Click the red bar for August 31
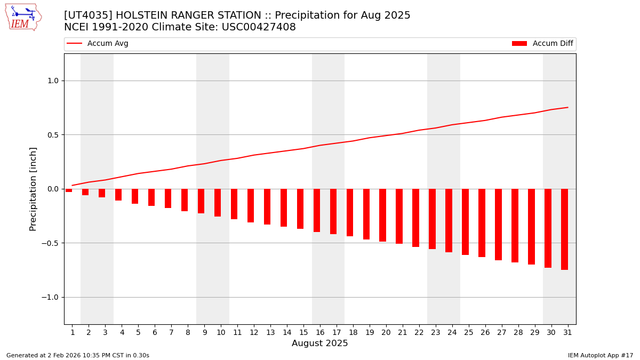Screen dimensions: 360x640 tap(564, 229)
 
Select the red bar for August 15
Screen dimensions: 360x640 tap(300, 209)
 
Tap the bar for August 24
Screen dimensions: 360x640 tap(449, 220)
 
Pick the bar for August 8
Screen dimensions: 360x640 tap(185, 200)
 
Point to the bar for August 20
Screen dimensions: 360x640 tap(382, 215)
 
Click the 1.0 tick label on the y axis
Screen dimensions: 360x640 tap(52, 81)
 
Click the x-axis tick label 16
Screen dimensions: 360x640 tap(320, 332)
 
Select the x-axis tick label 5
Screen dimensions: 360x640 tap(138, 332)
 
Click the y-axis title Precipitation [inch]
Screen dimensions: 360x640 tap(33, 189)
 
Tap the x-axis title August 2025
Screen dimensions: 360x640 tap(320, 343)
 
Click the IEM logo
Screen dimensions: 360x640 tap(23, 17)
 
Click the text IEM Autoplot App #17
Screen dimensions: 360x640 tap(600, 355)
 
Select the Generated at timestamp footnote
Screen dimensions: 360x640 tap(78, 355)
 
